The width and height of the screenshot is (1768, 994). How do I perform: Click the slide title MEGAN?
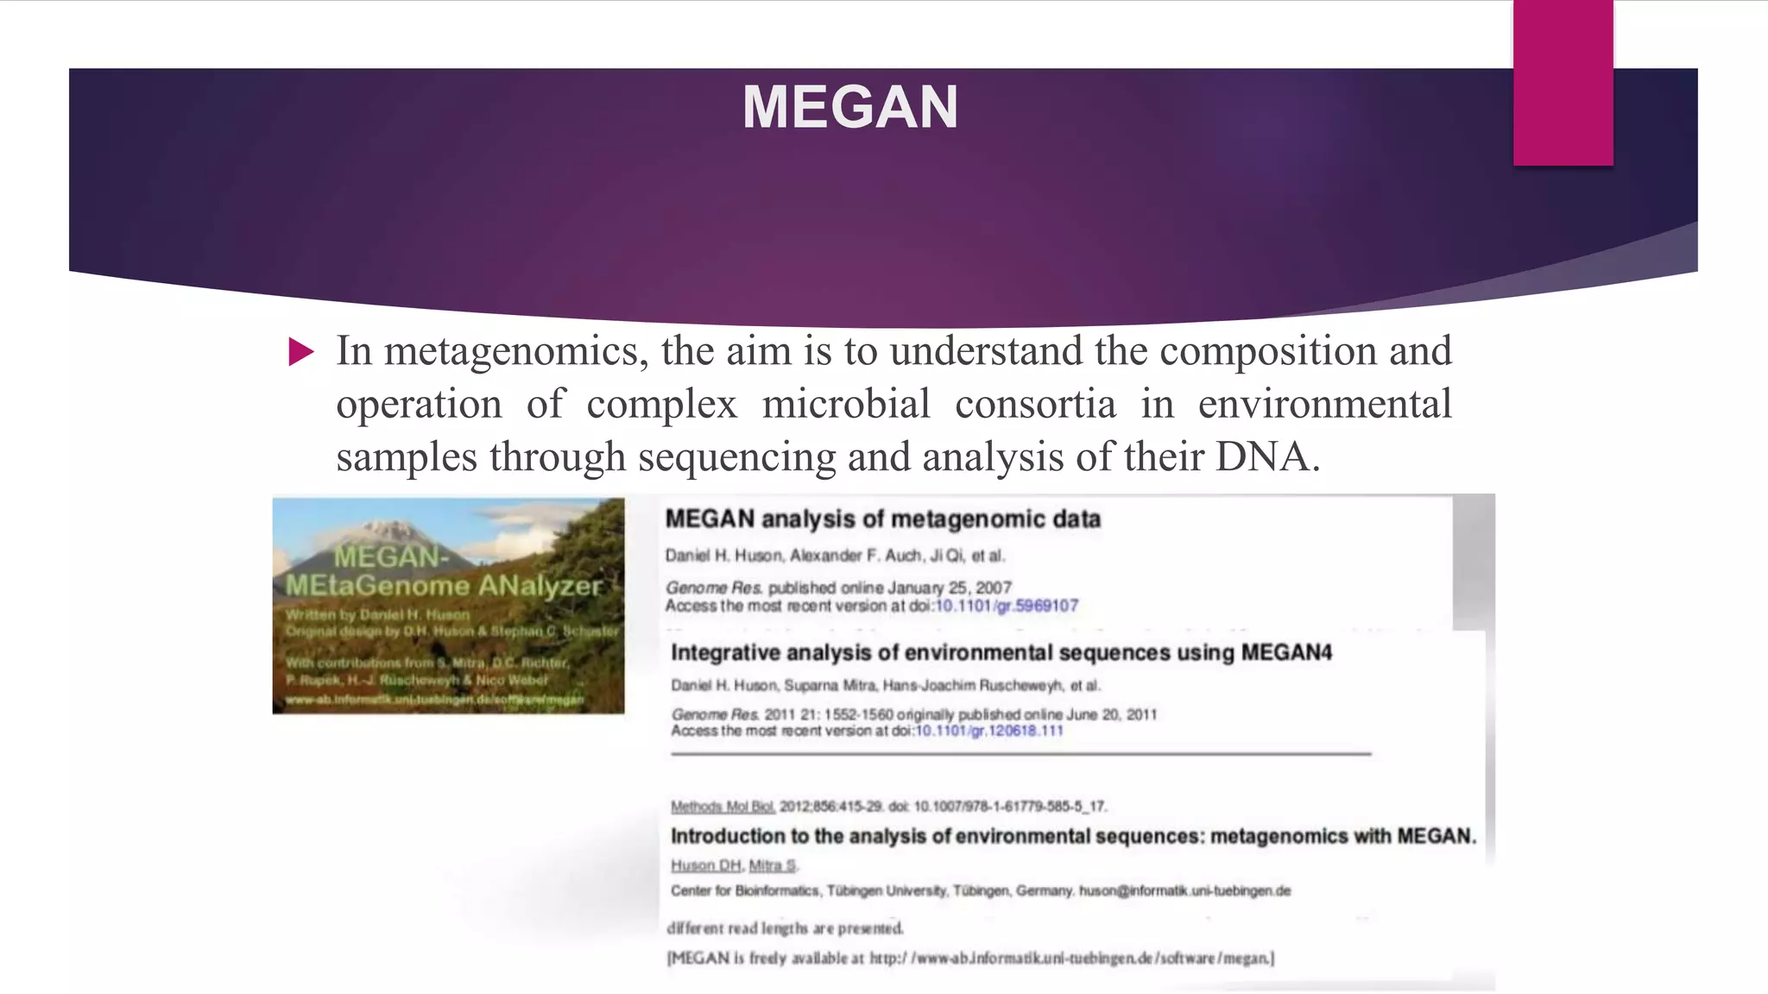tap(850, 108)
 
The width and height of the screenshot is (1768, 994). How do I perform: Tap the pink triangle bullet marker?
tap(301, 352)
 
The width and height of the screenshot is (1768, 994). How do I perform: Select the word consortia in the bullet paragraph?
tap(1035, 404)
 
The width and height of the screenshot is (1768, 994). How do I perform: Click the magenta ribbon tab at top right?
tap(1563, 82)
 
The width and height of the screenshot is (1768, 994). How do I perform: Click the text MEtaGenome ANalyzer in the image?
tap(443, 586)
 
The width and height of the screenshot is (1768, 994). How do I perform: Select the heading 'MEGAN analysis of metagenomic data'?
tap(882, 519)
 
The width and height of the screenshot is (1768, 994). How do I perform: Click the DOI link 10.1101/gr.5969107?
tap(1007, 606)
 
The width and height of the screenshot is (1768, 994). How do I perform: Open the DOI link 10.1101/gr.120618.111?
tap(988, 731)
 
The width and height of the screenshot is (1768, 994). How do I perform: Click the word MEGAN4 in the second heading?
tap(1286, 652)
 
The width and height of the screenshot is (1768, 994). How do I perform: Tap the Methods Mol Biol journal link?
tap(723, 807)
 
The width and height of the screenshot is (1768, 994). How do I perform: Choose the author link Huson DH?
tap(705, 865)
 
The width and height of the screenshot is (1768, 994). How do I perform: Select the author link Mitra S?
tap(773, 865)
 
